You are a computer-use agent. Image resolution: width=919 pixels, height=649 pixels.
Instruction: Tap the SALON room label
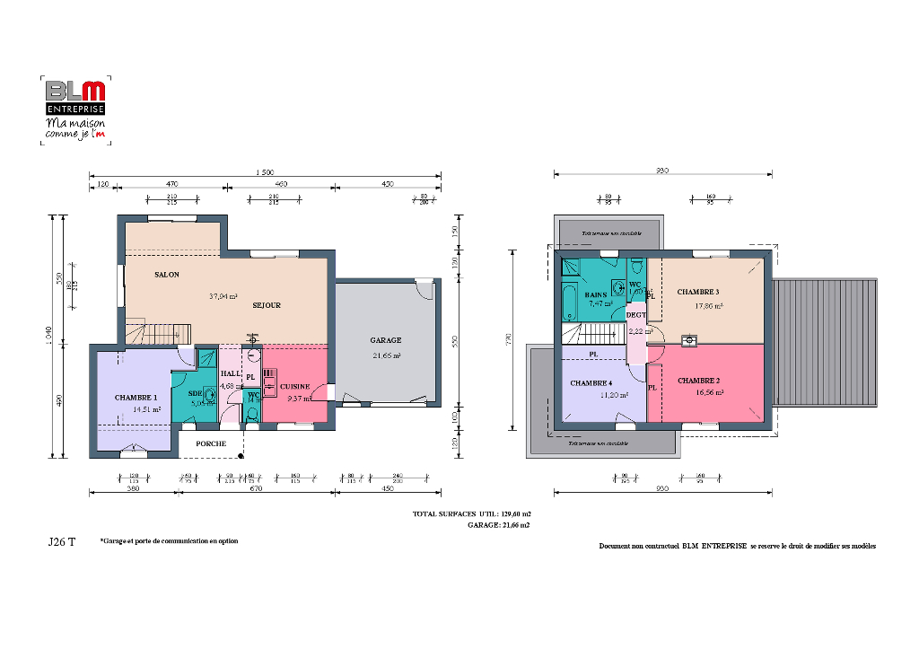pos(166,275)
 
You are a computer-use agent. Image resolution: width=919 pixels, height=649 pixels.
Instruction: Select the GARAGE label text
pos(386,340)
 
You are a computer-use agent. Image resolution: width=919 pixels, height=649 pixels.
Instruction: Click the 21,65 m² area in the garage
pos(386,356)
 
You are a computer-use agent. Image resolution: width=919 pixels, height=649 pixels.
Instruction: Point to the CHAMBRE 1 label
pos(136,397)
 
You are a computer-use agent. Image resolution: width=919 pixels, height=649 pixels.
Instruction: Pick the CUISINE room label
pos(294,386)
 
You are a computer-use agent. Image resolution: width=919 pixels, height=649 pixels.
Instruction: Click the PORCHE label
pos(211,443)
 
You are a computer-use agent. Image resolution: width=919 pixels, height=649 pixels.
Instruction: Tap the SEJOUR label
pos(267,305)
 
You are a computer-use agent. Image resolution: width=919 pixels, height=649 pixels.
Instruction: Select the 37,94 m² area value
pos(223,295)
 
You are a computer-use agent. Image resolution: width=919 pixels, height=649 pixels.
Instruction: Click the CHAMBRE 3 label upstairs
pos(697,292)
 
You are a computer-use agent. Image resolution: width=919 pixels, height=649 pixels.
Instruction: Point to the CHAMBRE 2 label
pos(698,380)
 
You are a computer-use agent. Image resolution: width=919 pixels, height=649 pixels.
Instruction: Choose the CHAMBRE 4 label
pos(591,382)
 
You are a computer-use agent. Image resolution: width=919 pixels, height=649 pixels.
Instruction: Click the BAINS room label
pos(596,294)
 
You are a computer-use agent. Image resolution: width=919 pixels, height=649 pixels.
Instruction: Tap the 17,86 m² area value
pos(709,305)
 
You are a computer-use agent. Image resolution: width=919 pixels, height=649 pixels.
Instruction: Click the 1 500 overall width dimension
pos(264,172)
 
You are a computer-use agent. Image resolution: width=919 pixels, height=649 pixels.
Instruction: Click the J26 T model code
pos(61,542)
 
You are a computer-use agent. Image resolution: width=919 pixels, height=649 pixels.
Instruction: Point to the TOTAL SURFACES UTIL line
pos(470,514)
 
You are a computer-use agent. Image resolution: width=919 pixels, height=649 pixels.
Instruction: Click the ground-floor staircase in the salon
pos(160,332)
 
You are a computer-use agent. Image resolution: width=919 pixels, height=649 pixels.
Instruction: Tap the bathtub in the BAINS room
pos(569,302)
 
